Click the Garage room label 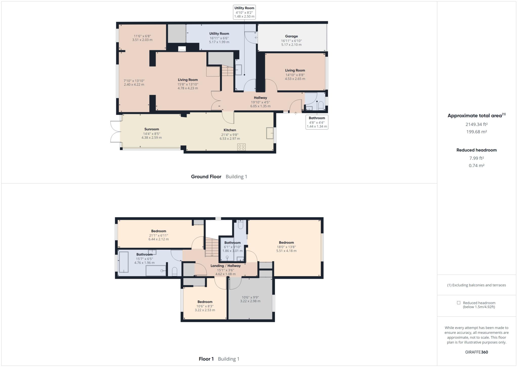291,36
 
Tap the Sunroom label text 152,129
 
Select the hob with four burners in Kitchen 241,147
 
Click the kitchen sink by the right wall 270,133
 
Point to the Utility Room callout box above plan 244,12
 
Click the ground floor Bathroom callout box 317,122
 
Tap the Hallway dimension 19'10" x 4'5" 260,102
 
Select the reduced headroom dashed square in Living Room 213,71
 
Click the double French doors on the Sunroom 115,131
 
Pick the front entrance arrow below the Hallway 295,113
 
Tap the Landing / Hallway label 225,266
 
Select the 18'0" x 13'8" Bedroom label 286,243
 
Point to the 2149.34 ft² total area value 476,124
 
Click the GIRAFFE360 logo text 476,352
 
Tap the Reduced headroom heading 476,150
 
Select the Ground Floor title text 206,177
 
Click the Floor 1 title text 206,359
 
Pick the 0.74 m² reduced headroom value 476,166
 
